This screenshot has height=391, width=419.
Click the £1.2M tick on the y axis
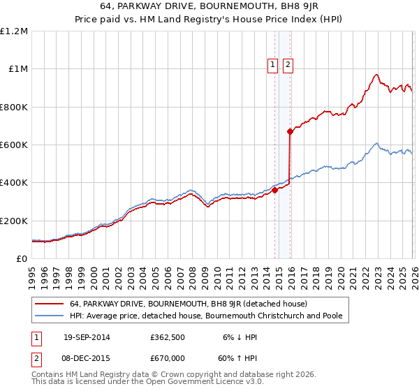tap(14, 31)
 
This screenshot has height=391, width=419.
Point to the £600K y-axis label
tap(14, 145)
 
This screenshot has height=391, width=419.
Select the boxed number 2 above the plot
tap(288, 65)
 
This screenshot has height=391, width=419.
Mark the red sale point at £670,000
tap(290, 131)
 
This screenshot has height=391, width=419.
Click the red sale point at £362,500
tap(274, 189)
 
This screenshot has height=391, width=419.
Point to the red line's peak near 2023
tap(376, 75)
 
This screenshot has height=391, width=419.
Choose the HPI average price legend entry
tap(205, 316)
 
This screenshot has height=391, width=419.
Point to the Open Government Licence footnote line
tap(147, 383)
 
